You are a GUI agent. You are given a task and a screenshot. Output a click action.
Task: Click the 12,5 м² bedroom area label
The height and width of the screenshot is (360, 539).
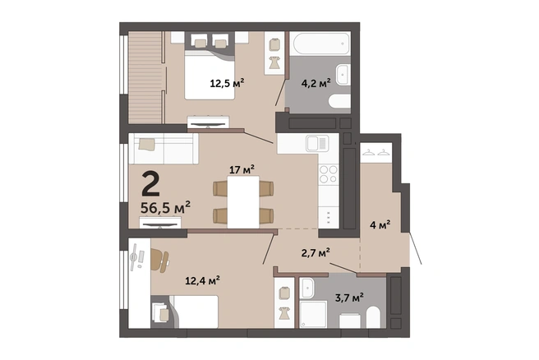pyautogui.click(x=227, y=83)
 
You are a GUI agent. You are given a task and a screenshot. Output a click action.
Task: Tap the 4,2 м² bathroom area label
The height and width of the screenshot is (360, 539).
pyautogui.click(x=316, y=83)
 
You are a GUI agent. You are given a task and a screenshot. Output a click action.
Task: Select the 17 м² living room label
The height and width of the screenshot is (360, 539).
pyautogui.click(x=242, y=169)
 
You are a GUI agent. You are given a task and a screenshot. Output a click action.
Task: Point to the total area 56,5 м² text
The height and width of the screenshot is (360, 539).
pyautogui.click(x=165, y=207)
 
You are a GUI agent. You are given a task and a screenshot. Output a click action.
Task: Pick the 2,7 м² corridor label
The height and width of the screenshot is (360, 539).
pyautogui.click(x=316, y=253)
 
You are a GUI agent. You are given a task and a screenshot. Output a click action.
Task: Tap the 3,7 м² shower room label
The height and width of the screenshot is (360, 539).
pyautogui.click(x=349, y=298)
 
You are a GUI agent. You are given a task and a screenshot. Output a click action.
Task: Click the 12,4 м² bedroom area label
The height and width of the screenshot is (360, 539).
pyautogui.click(x=202, y=281)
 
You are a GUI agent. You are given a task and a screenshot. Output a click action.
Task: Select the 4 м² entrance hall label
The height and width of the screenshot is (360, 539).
pyautogui.click(x=380, y=225)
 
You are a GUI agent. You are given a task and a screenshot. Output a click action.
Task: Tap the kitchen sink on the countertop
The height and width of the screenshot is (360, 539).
pyautogui.click(x=317, y=143)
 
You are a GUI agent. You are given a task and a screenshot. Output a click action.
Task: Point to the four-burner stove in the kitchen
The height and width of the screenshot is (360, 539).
pyautogui.click(x=329, y=174)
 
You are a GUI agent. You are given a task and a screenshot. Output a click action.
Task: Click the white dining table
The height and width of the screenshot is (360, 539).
pyautogui.click(x=243, y=202)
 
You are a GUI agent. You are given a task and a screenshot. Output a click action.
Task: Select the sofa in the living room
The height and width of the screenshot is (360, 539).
pyautogui.click(x=164, y=149)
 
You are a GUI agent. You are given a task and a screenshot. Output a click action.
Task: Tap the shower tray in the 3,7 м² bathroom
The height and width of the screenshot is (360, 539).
pyautogui.click(x=313, y=314)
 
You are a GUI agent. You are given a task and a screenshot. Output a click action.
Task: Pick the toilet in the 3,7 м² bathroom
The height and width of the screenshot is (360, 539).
pyautogui.click(x=373, y=317)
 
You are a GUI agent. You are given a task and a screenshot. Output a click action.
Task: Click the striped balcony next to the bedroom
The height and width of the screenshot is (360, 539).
pyautogui.click(x=145, y=77)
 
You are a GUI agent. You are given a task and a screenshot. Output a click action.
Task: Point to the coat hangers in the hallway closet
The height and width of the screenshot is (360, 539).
pyautogui.click(x=375, y=152)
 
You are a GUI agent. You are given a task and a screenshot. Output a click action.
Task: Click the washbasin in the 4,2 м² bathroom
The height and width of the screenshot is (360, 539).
pyautogui.click(x=343, y=75)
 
